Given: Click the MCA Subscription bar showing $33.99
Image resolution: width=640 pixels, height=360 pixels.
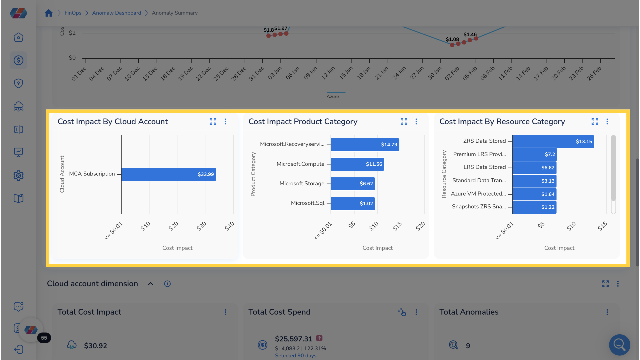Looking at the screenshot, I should click(x=168, y=174).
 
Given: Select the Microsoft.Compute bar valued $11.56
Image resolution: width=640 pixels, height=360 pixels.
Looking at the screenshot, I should click(x=357, y=164).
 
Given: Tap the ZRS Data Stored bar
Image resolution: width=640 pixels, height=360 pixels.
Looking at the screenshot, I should click(x=553, y=141).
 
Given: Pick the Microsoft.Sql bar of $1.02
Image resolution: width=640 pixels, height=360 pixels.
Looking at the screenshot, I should click(x=353, y=204).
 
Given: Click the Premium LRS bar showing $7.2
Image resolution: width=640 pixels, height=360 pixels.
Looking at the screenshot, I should click(x=534, y=154).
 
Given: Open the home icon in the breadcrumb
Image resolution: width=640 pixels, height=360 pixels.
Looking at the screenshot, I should click(x=49, y=13).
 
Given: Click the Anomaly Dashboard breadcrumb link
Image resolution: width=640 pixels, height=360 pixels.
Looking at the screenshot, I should click(x=116, y=13).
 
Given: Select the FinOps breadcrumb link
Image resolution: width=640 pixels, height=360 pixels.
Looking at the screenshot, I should click(x=73, y=13).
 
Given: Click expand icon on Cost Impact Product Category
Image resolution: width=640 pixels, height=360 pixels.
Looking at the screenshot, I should click(x=404, y=122).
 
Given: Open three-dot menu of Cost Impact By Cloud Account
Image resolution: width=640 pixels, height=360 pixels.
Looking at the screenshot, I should click(x=225, y=122).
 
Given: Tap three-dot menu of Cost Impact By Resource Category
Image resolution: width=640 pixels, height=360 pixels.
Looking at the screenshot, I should click(x=607, y=122).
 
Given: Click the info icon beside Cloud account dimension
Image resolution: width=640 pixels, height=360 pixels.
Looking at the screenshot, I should click(x=167, y=284).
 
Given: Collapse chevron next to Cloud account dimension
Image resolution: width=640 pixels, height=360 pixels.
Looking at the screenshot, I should click(x=151, y=284).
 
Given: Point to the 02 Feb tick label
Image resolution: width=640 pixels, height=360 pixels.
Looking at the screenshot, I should click(x=452, y=73).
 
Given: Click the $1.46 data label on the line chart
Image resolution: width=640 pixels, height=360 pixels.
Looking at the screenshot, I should click(x=470, y=34).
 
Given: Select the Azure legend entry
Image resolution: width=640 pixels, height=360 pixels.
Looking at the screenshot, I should click(x=333, y=96).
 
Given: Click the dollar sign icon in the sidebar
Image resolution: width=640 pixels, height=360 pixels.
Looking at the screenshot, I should click(x=18, y=60).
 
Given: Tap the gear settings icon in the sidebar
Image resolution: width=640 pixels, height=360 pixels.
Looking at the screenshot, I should click(x=18, y=176).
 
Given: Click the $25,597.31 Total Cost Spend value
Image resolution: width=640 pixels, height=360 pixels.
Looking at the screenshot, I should click(x=293, y=339).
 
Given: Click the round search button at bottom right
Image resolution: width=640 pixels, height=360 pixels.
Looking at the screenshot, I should click(x=619, y=345).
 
